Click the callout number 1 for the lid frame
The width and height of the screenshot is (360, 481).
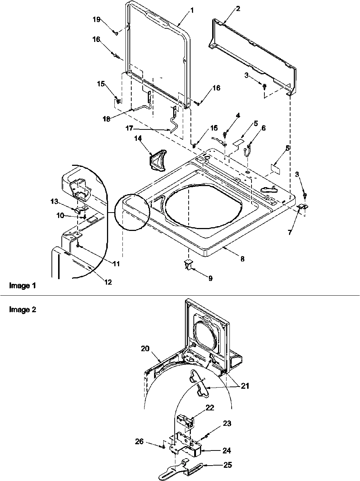pyautogui.click(x=192, y=11)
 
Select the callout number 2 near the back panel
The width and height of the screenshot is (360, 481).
pyautogui.click(x=238, y=8)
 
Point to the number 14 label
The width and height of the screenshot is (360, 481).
pyautogui.click(x=138, y=139)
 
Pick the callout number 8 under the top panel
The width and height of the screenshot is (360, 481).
pyautogui.click(x=242, y=259)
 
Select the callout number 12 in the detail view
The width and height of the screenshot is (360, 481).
pyautogui.click(x=108, y=282)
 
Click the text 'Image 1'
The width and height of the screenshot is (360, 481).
pyautogui.click(x=22, y=285)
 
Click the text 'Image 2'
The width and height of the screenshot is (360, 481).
pyautogui.click(x=22, y=310)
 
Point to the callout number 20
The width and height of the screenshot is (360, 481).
pyautogui.click(x=145, y=348)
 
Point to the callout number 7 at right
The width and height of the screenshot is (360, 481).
pyautogui.click(x=290, y=233)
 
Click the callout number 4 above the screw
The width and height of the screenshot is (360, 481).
pyautogui.click(x=238, y=115)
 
